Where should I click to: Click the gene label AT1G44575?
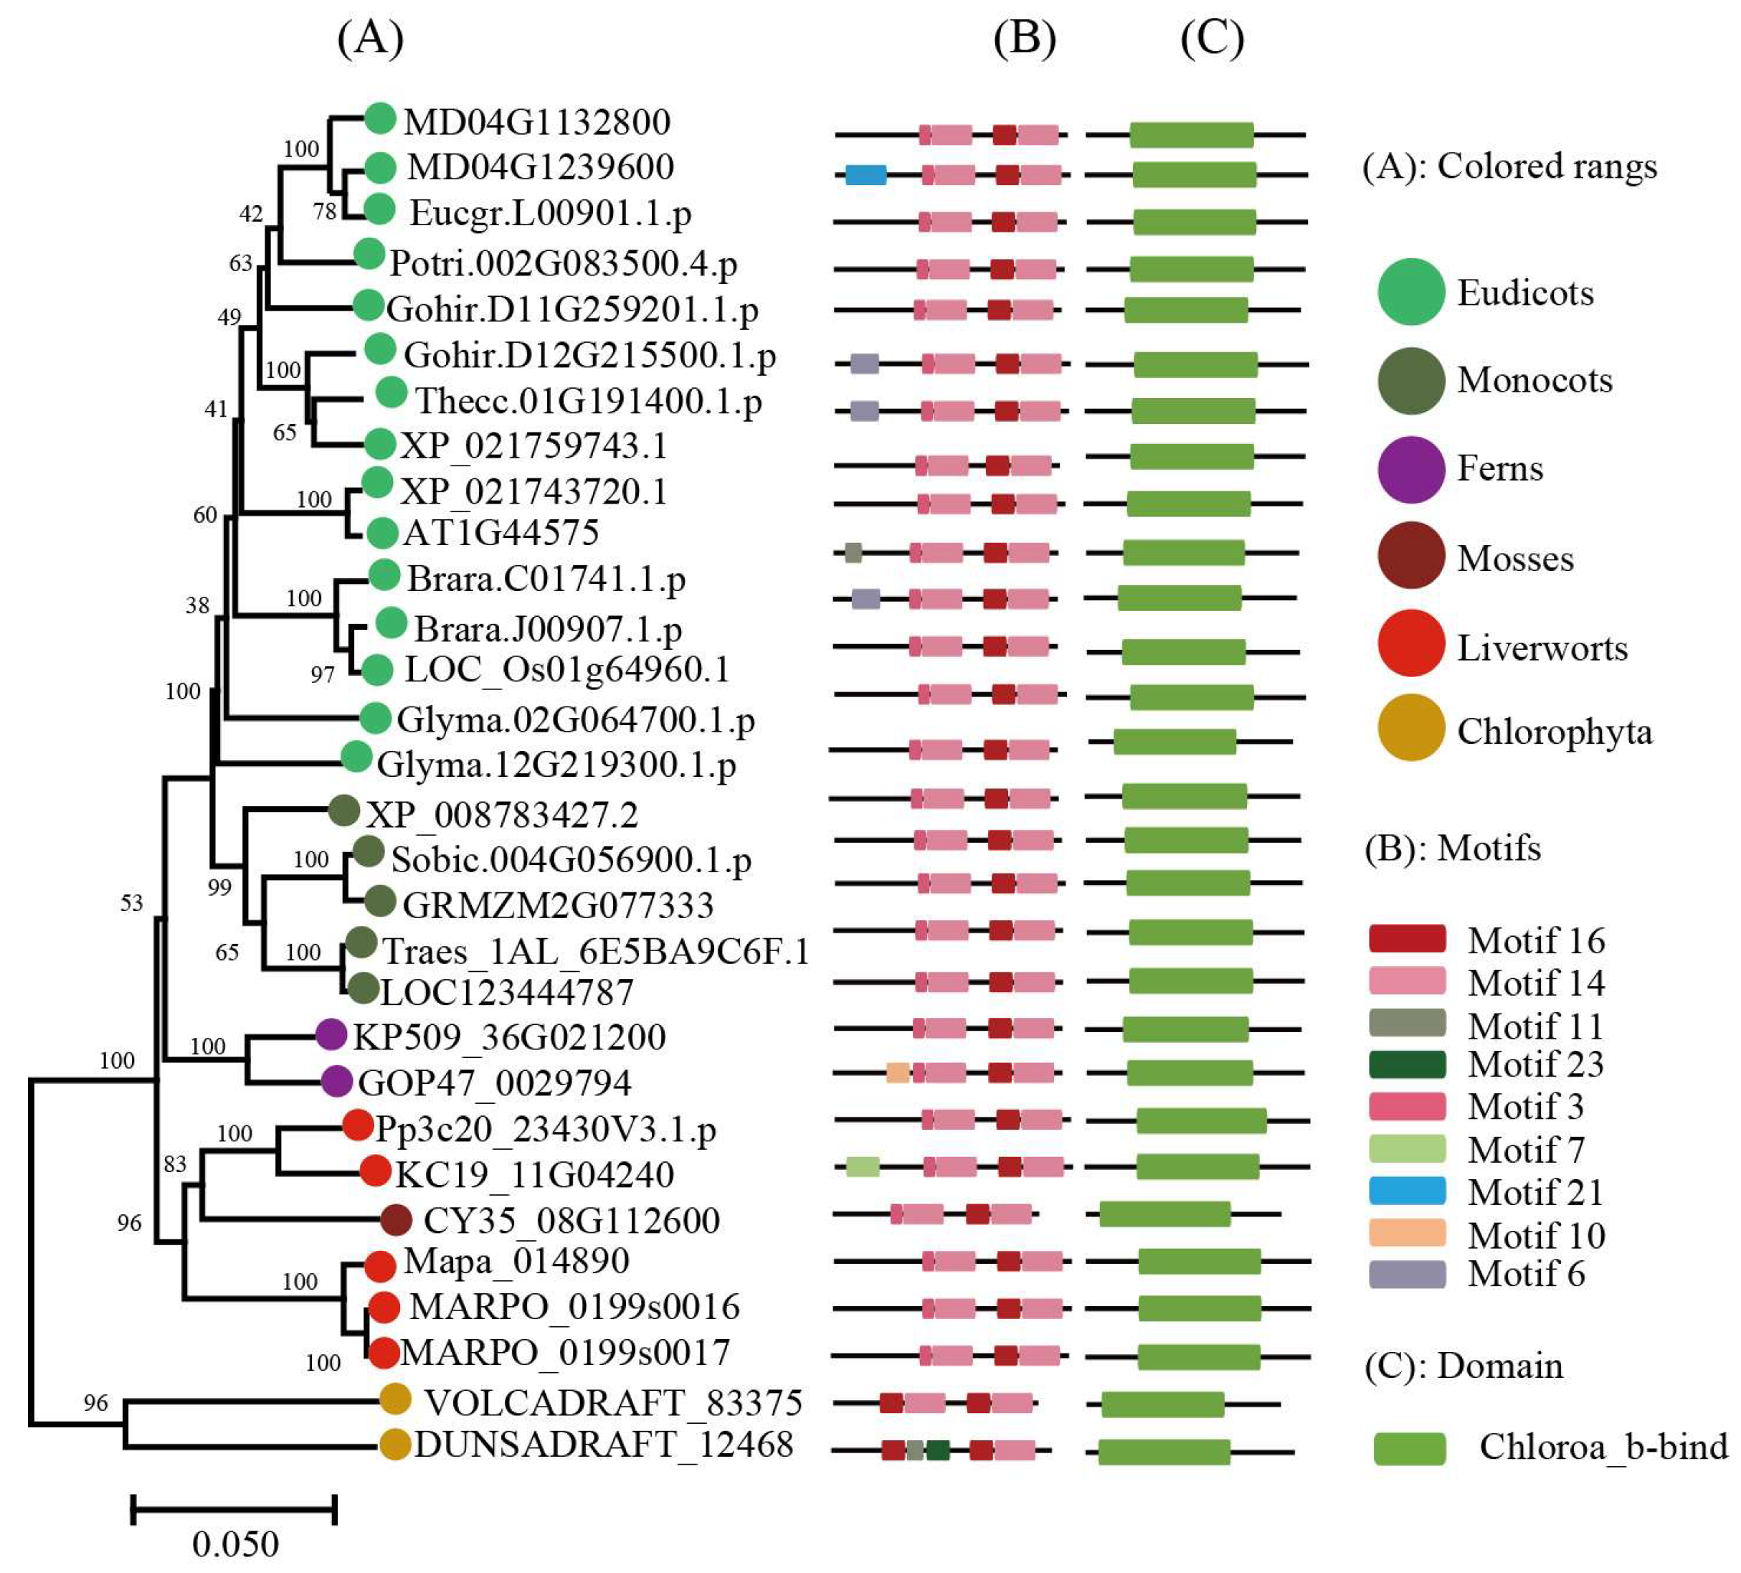(501, 532)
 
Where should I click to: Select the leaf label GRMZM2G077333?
(558, 905)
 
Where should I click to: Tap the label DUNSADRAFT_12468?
(604, 1445)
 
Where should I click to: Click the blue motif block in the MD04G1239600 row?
(865, 175)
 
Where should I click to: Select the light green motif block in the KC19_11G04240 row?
(862, 1167)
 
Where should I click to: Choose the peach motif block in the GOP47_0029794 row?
(897, 1073)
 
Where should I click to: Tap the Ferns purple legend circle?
(1410, 469)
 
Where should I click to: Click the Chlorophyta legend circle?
(1410, 727)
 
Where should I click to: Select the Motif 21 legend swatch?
(1407, 1191)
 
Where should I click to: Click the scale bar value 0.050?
(235, 1544)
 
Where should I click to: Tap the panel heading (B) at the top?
(1024, 39)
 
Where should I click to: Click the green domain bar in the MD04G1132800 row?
(1191, 135)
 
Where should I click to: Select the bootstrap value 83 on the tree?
(174, 1164)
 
